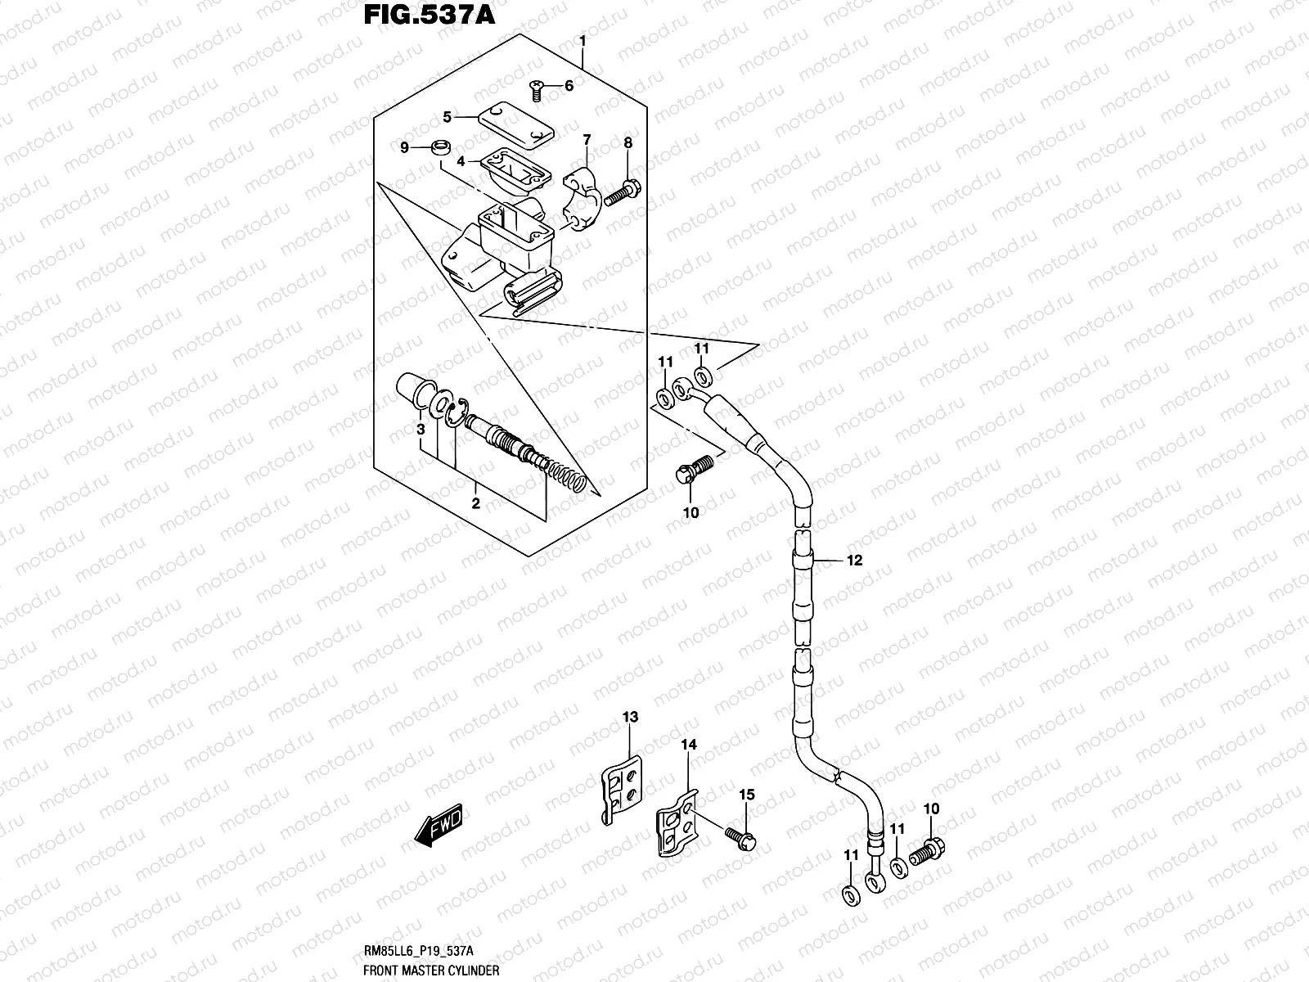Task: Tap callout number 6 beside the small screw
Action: (x=569, y=85)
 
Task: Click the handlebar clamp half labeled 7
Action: (x=584, y=200)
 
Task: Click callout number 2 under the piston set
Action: (x=475, y=502)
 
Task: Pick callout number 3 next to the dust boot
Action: (x=420, y=430)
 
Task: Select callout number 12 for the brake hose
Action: (x=854, y=561)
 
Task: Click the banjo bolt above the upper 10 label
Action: (x=692, y=469)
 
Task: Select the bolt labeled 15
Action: (x=741, y=836)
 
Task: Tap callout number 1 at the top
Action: (x=582, y=40)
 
